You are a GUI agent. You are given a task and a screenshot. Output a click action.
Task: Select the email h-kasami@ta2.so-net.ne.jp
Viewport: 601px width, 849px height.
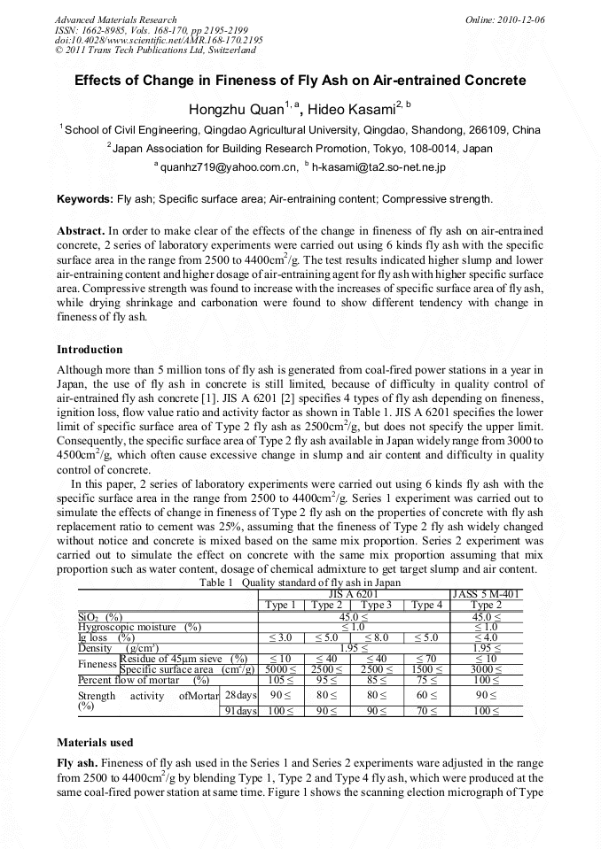pos(379,166)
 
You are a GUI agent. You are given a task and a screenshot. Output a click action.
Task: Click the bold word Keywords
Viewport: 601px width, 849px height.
pos(84,199)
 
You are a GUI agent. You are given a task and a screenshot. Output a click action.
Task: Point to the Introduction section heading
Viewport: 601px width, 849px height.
pos(90,350)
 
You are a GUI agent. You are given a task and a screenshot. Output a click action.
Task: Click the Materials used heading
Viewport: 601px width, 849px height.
pos(94,741)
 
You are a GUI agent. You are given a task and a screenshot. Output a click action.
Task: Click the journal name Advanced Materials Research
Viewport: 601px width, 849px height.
pos(115,19)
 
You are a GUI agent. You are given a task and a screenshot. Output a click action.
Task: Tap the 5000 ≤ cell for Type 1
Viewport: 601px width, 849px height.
pos(280,669)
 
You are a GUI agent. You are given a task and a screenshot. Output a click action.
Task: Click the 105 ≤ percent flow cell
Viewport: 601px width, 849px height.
pos(280,680)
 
